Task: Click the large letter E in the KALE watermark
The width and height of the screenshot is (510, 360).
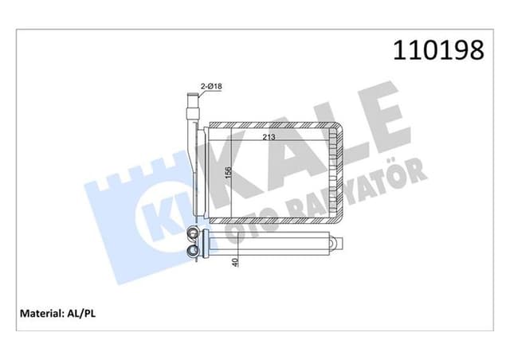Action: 375,119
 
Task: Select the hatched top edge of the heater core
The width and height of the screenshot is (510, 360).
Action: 271,127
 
